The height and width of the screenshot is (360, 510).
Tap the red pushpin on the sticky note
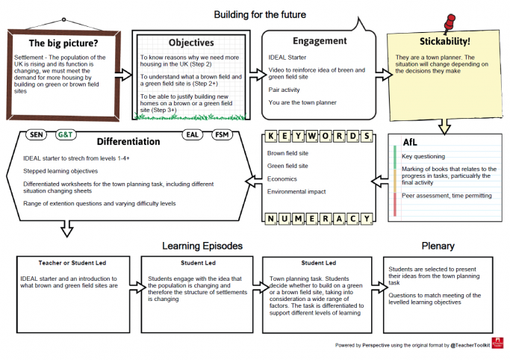point(449,24)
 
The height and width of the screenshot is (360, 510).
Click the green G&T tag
point(65,135)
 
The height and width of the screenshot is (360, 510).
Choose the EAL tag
point(193,135)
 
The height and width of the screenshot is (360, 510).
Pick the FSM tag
point(222,135)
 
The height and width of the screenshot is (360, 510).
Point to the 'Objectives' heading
point(191,43)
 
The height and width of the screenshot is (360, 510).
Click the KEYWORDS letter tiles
point(319,137)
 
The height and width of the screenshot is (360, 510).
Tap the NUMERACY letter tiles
point(319,218)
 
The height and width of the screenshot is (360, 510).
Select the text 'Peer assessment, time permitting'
point(447,196)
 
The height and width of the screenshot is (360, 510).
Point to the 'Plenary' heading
point(438,245)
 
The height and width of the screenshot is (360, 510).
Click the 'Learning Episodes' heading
point(202,245)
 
